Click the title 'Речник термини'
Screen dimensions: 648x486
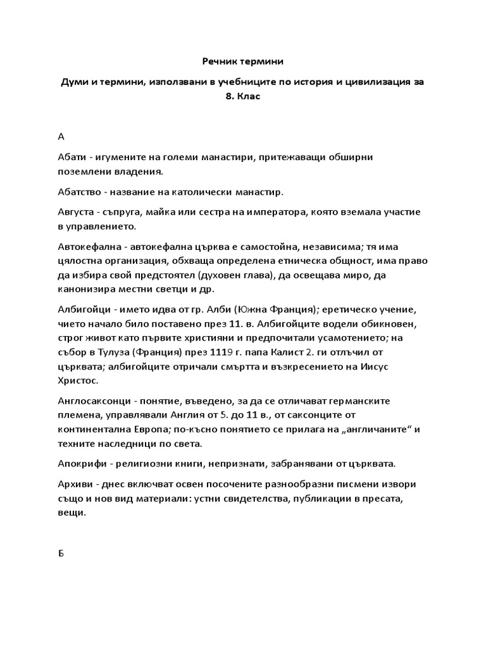(x=243, y=61)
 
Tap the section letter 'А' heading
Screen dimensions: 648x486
(x=61, y=136)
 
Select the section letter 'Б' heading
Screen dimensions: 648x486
(x=61, y=553)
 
